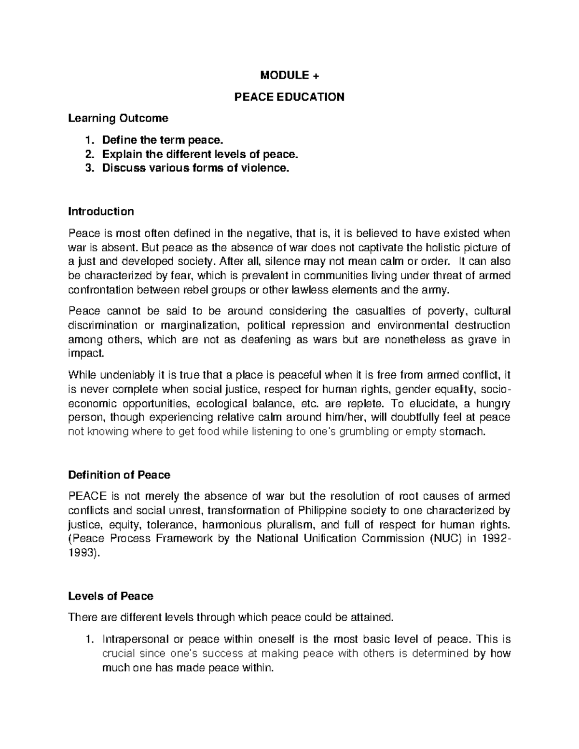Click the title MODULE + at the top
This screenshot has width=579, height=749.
click(x=289, y=76)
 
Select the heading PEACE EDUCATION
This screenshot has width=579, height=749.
click(x=289, y=97)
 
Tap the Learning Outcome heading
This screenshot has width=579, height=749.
click(x=118, y=118)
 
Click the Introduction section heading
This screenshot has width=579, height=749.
click(x=101, y=211)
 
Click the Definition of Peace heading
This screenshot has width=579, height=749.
click(x=119, y=475)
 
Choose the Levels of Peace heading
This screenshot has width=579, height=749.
click(x=110, y=596)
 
